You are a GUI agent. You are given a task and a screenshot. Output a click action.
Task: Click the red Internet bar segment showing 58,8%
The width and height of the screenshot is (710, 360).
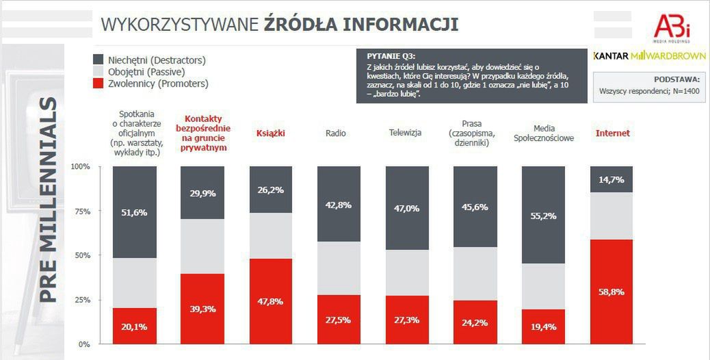[x=612, y=291]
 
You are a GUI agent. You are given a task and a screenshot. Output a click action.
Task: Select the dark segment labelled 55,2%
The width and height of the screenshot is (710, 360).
[x=543, y=215]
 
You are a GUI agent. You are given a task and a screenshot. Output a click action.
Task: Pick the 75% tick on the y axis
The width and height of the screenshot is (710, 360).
[x=82, y=211]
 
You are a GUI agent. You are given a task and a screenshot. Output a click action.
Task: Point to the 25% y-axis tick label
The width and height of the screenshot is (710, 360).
[x=82, y=300]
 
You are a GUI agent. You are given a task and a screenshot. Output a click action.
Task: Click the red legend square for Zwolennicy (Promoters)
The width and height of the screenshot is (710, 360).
[x=97, y=83]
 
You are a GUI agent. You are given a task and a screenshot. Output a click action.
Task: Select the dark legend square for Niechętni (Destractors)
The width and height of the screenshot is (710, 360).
[x=97, y=60]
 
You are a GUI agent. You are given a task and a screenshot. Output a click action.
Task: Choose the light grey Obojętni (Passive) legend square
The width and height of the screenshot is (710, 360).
[x=97, y=72]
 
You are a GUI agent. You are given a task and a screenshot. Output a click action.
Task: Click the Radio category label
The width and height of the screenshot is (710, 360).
[x=335, y=133]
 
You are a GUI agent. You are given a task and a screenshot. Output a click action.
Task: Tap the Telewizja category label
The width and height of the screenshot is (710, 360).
[x=405, y=133]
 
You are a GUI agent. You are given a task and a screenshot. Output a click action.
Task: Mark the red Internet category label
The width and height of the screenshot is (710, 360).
[x=613, y=133]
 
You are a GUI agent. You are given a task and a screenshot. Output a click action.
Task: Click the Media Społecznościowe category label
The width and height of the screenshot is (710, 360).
[x=543, y=133]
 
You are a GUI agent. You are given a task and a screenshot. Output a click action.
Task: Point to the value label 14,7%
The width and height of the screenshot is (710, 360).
[x=612, y=179]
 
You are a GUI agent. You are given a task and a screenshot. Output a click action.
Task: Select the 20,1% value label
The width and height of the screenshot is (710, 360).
[x=134, y=326]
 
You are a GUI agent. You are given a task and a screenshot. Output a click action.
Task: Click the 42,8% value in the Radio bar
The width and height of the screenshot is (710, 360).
[x=339, y=205]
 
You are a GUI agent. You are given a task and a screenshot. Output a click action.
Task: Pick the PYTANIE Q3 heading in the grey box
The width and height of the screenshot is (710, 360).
[x=391, y=55]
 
